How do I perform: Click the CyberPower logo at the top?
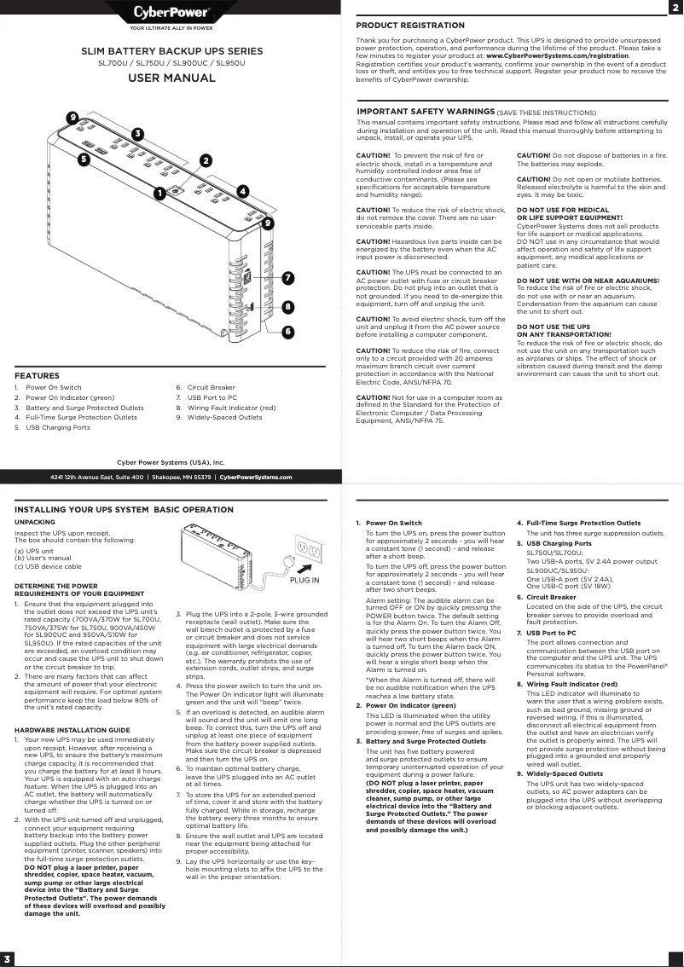(x=171, y=13)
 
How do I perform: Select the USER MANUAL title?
(x=171, y=78)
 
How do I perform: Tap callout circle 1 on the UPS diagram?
(x=159, y=194)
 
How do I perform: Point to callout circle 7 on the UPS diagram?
(x=288, y=278)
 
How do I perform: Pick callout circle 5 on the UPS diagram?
(x=84, y=159)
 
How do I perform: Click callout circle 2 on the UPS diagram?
(x=206, y=160)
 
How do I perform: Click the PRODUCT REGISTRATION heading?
(x=409, y=26)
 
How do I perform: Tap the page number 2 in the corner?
(x=675, y=8)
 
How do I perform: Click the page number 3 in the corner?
(x=8, y=958)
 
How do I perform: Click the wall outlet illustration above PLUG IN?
(x=308, y=552)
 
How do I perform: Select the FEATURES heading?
(x=37, y=375)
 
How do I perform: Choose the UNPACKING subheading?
(x=35, y=522)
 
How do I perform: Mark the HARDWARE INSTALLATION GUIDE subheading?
(x=72, y=730)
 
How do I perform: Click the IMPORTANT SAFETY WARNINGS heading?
(x=425, y=112)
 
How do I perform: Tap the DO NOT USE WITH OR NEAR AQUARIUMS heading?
(x=588, y=281)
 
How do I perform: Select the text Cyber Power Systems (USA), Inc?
(x=171, y=461)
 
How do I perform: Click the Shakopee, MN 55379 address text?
(x=181, y=478)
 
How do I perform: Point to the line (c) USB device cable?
(x=49, y=566)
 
